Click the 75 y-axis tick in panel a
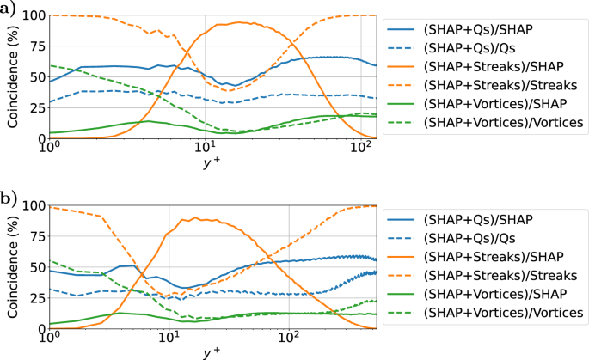pyautogui.click(x=38, y=46)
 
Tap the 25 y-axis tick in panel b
pyautogui.click(x=38, y=298)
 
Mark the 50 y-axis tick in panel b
pyautogui.click(x=38, y=267)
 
